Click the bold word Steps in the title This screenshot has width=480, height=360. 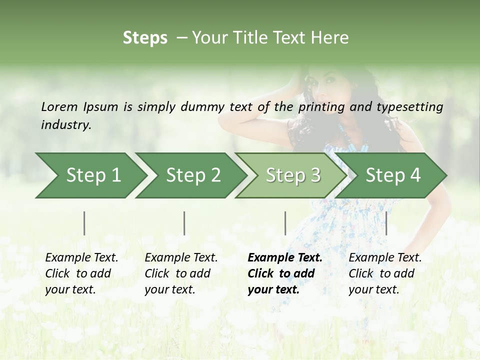click(x=145, y=38)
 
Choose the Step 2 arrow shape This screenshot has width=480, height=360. click(x=193, y=175)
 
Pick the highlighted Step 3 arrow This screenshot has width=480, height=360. click(x=293, y=175)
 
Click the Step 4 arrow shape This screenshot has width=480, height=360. click(x=393, y=175)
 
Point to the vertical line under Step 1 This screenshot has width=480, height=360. click(x=84, y=223)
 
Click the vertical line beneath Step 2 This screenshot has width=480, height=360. click(x=184, y=223)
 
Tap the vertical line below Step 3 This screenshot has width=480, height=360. click(x=285, y=223)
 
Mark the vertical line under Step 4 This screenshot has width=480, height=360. click(x=386, y=223)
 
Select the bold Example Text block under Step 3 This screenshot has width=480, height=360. click(x=285, y=273)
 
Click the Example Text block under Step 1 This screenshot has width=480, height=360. click(x=81, y=273)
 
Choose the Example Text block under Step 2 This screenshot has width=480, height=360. click(x=181, y=273)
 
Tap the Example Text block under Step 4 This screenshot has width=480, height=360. click(x=385, y=273)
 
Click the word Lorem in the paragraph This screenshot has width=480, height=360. click(x=59, y=106)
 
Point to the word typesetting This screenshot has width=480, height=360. click(x=410, y=107)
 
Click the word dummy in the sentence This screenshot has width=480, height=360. click(x=202, y=107)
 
